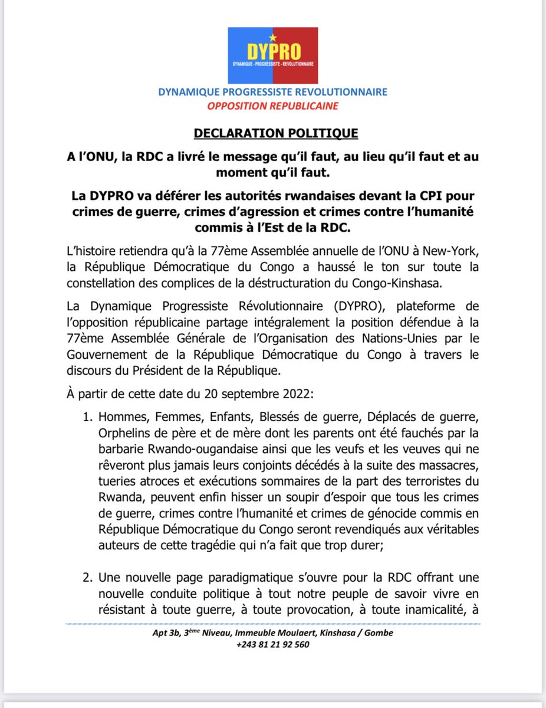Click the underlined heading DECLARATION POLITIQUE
(273, 133)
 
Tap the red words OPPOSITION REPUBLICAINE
(272, 107)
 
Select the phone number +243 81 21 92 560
(273, 645)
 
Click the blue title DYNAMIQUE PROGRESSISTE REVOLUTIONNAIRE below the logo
(272, 92)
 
